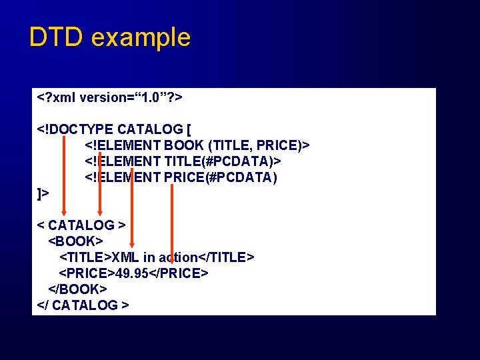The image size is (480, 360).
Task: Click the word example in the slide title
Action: point(141,38)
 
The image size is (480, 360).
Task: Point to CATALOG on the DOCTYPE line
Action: point(150,129)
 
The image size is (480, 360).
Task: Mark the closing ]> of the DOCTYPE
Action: point(43,193)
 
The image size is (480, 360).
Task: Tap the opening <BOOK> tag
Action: point(75,241)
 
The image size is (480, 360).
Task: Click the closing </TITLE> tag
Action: point(226,257)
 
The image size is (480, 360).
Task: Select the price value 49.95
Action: point(132,273)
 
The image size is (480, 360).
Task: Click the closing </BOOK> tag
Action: point(77,289)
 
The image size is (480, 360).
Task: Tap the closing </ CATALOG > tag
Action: point(83,305)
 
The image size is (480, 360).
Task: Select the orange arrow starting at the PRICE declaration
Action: point(172,220)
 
